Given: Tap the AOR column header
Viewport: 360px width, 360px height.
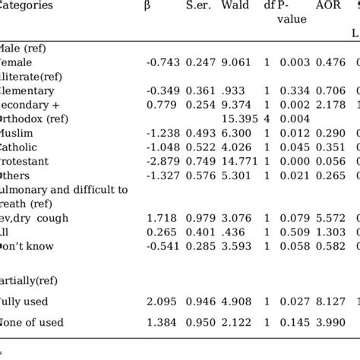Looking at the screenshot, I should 324,6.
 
